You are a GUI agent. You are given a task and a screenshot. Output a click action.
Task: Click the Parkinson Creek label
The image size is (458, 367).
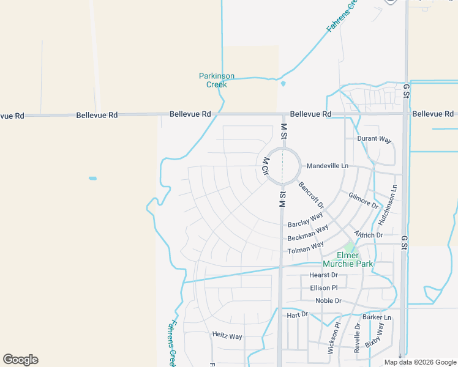tap(217, 80)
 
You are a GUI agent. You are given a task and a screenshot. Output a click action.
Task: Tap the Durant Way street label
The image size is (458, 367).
tap(374, 139)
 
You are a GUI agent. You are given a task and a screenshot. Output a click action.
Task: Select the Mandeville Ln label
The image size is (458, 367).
tap(327, 166)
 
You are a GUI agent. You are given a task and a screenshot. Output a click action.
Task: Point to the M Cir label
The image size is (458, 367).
tap(266, 167)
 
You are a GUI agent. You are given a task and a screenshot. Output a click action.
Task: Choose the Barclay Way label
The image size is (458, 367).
tap(305, 220)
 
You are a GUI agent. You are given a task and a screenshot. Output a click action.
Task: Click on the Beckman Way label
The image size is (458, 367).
tap(308, 233)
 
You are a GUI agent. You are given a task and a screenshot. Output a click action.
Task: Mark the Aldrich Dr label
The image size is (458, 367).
tap(368, 235)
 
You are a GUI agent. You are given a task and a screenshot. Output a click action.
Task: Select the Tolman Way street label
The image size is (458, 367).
tap(306, 248)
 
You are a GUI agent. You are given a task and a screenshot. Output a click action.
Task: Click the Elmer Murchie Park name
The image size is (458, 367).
tap(348, 259)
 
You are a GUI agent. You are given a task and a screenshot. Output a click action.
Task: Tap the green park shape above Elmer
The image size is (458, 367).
tap(349, 247)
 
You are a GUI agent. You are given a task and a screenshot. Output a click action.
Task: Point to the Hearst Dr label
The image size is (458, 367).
tap(323, 275)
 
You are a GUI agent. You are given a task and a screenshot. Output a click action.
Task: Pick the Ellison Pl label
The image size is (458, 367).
tap(323, 287)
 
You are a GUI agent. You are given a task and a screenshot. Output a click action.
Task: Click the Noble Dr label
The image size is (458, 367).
tap(328, 301)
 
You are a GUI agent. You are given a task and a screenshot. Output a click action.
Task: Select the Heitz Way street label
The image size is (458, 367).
tap(227, 336)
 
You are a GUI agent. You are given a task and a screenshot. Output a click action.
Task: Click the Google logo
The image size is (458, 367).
tap(20, 360)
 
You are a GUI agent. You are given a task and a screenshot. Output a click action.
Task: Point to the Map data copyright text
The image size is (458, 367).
tap(420, 362)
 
